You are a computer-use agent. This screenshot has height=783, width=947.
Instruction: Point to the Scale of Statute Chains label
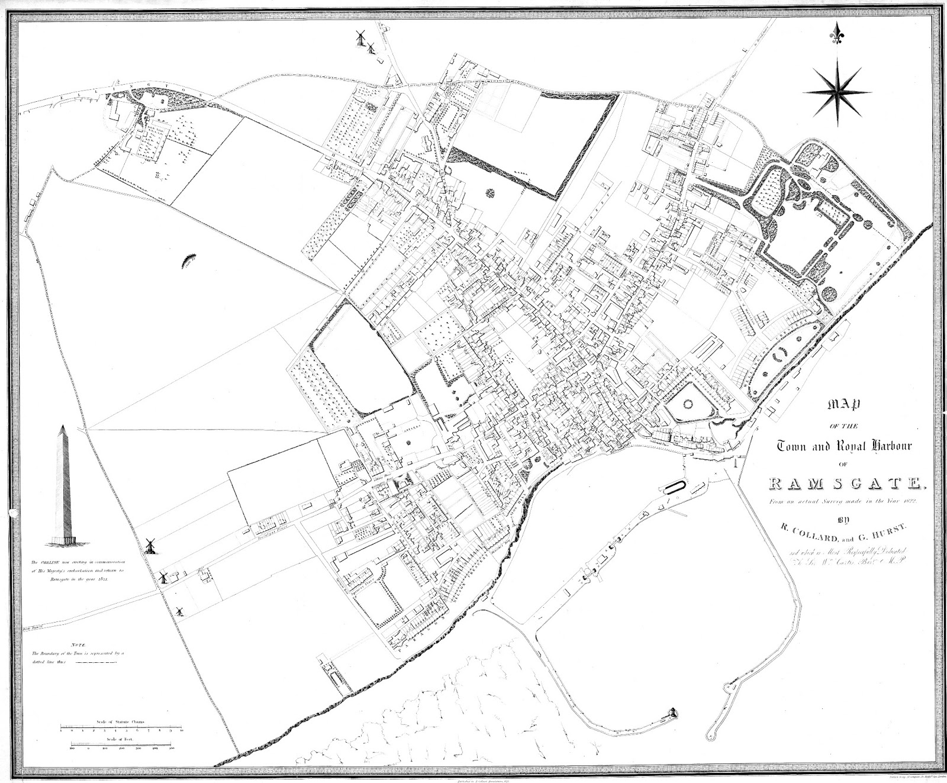tap(122, 723)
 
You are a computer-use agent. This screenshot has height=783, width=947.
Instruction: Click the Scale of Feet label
tap(122, 740)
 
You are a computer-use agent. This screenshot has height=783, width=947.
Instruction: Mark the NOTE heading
tap(78, 644)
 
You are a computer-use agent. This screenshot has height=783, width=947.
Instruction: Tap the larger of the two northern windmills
tap(360, 38)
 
